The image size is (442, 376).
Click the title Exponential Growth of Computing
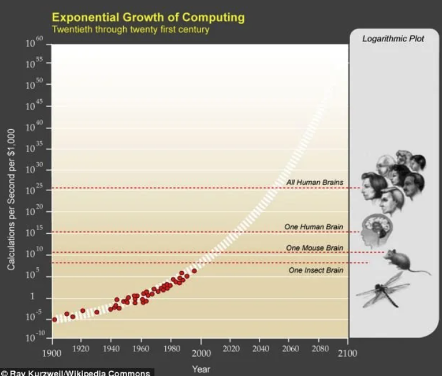148,17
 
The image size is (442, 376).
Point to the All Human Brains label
315,182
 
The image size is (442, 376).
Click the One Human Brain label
314,226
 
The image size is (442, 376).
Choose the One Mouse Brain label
314,247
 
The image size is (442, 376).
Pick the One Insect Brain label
315,270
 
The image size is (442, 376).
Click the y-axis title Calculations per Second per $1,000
11,207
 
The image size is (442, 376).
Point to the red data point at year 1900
55,320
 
